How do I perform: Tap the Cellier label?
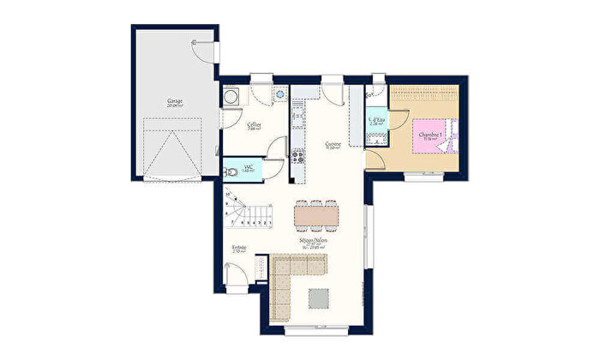click(254, 125)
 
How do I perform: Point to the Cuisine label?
click(333, 144)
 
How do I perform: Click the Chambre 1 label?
click(429, 135)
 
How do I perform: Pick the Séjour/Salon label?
click(313, 242)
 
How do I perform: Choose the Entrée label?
click(239, 249)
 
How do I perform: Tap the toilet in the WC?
click(231, 171)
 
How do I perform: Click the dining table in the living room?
click(315, 215)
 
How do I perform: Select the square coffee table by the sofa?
click(319, 296)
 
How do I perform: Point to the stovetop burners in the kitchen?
click(299, 156)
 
